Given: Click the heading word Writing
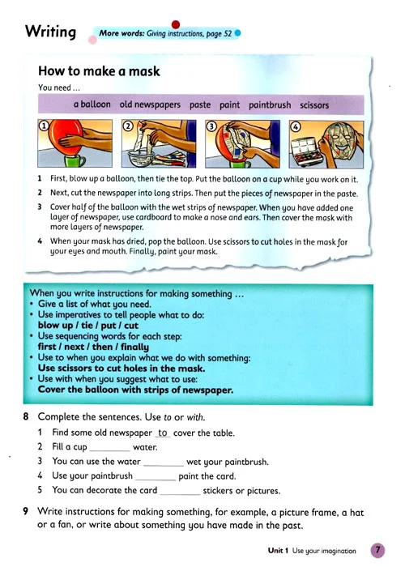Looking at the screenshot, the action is pyautogui.click(x=50, y=32).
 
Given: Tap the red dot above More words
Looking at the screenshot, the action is pyautogui.click(x=176, y=24).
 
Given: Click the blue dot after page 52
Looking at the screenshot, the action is pyautogui.click(x=237, y=34).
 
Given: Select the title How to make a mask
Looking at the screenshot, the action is pyautogui.click(x=99, y=71).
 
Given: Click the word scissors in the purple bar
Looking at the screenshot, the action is pyautogui.click(x=314, y=105).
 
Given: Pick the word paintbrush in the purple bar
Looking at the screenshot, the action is pyautogui.click(x=270, y=104).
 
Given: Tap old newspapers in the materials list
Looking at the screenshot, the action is pyautogui.click(x=150, y=104).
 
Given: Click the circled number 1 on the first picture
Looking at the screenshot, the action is pyautogui.click(x=44, y=126).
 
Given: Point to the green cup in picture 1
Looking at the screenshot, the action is pyautogui.click(x=75, y=160).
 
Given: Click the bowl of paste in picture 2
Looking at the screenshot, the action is pyautogui.click(x=141, y=159).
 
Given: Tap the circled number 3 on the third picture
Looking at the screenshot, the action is pyautogui.click(x=211, y=126).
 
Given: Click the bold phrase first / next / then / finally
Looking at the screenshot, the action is pyautogui.click(x=93, y=347).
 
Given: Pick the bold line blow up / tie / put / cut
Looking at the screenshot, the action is pyautogui.click(x=88, y=325).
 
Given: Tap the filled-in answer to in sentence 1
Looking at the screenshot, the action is pyautogui.click(x=163, y=433).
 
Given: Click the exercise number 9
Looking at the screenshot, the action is pyautogui.click(x=26, y=511).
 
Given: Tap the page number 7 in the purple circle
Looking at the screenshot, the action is pyautogui.click(x=378, y=550).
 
